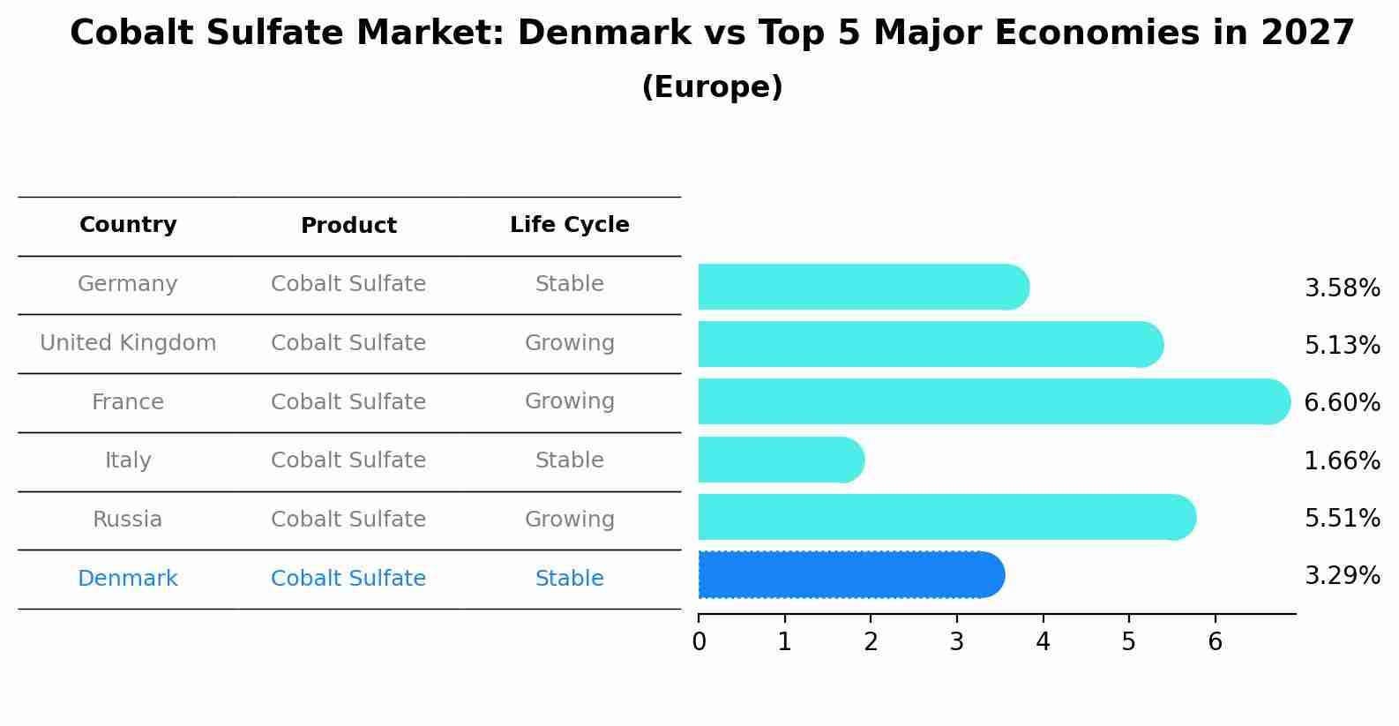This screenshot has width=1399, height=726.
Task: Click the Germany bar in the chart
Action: [863, 287]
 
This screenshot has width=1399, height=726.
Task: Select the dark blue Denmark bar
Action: [850, 575]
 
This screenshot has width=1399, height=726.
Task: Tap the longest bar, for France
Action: [993, 401]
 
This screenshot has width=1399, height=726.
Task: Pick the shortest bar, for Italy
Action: [781, 460]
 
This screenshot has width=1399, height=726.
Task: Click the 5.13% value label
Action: [1342, 345]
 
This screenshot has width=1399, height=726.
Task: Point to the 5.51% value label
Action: [1342, 518]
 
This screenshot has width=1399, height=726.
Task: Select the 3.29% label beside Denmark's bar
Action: [1342, 576]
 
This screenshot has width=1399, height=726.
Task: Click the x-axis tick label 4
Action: [1043, 642]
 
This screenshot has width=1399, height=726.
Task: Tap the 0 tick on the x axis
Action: [699, 642]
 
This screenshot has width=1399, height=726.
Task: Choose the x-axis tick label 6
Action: [1215, 642]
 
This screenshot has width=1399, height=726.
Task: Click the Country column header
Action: [128, 225]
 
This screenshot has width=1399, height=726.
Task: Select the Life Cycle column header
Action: [569, 225]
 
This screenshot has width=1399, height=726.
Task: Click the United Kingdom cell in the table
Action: [128, 343]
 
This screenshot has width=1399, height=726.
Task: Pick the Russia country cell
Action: [128, 520]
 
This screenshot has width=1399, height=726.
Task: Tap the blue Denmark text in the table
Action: [128, 579]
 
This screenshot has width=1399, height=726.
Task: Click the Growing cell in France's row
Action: [569, 401]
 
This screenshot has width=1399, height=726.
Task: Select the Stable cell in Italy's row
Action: [569, 460]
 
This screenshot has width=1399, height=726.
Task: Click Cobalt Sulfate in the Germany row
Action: [348, 284]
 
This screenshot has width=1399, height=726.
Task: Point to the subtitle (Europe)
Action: [712, 87]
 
